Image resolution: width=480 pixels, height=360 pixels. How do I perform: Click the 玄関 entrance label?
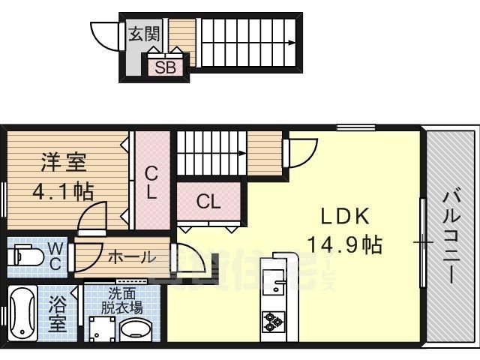(141, 34)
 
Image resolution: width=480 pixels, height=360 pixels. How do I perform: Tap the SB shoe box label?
(165, 67)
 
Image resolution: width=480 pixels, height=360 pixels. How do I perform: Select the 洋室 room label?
(63, 161)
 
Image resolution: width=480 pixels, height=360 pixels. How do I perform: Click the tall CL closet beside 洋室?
(151, 182)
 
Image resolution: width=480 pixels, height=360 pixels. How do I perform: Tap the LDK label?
(345, 217)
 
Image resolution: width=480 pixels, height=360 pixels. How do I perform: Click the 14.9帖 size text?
(345, 244)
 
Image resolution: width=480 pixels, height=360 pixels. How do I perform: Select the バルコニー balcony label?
(451, 236)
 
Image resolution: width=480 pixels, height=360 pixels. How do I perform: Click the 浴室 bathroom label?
(58, 315)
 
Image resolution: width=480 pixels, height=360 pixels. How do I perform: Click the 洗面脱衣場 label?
(123, 301)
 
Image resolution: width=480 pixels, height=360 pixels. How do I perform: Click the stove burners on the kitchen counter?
(272, 322)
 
